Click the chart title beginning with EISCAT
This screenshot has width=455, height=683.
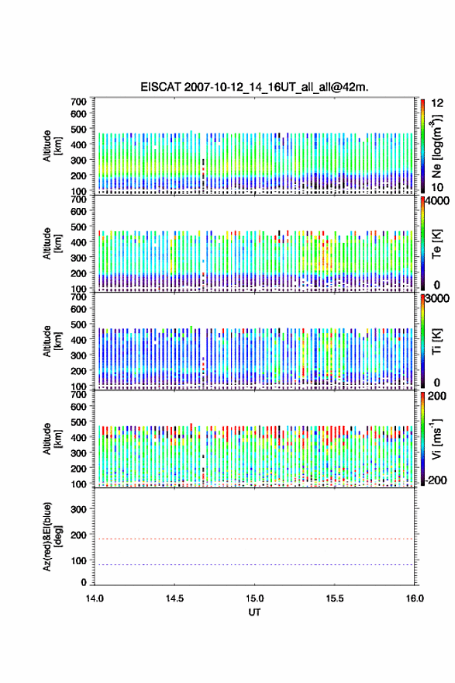click(x=254, y=87)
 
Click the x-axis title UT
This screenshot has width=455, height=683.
click(x=254, y=612)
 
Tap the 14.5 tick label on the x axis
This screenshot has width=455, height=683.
click(x=174, y=598)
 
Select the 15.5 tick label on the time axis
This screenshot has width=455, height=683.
click(x=335, y=598)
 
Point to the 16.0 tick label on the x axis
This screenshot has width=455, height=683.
click(x=415, y=598)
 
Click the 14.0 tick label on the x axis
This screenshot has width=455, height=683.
click(x=95, y=598)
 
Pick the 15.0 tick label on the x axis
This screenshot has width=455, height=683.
click(x=254, y=598)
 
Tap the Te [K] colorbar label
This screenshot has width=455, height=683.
click(x=436, y=244)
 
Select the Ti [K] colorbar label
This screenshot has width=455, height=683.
click(x=436, y=341)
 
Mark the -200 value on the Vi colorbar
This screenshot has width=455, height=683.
click(x=434, y=480)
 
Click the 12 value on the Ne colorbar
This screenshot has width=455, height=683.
click(x=437, y=103)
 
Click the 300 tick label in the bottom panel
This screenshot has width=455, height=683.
click(x=78, y=509)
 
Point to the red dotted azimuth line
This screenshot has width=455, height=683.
click(x=254, y=539)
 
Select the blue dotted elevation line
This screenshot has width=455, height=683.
click(x=254, y=564)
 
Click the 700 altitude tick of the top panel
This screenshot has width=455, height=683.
click(x=78, y=102)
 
